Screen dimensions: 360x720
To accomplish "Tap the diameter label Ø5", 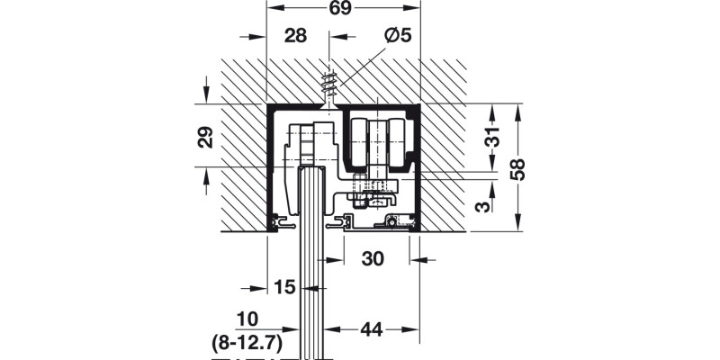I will [x=396, y=36].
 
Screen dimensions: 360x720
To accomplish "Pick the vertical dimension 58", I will [x=517, y=168].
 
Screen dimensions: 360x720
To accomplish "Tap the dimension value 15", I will [x=284, y=288].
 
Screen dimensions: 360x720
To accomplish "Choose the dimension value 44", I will [x=372, y=329].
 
